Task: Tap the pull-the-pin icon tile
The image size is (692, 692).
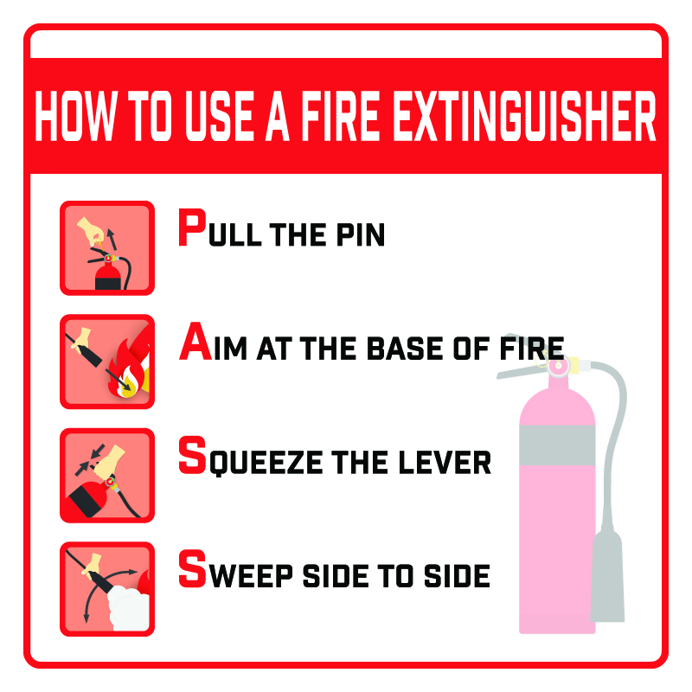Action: pos(107,248)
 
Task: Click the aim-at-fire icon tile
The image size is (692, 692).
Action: pos(107,362)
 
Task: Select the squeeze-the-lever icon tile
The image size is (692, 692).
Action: pos(107,475)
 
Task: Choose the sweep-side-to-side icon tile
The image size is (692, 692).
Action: pos(107,588)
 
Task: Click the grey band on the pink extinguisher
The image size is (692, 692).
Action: pos(556,443)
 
